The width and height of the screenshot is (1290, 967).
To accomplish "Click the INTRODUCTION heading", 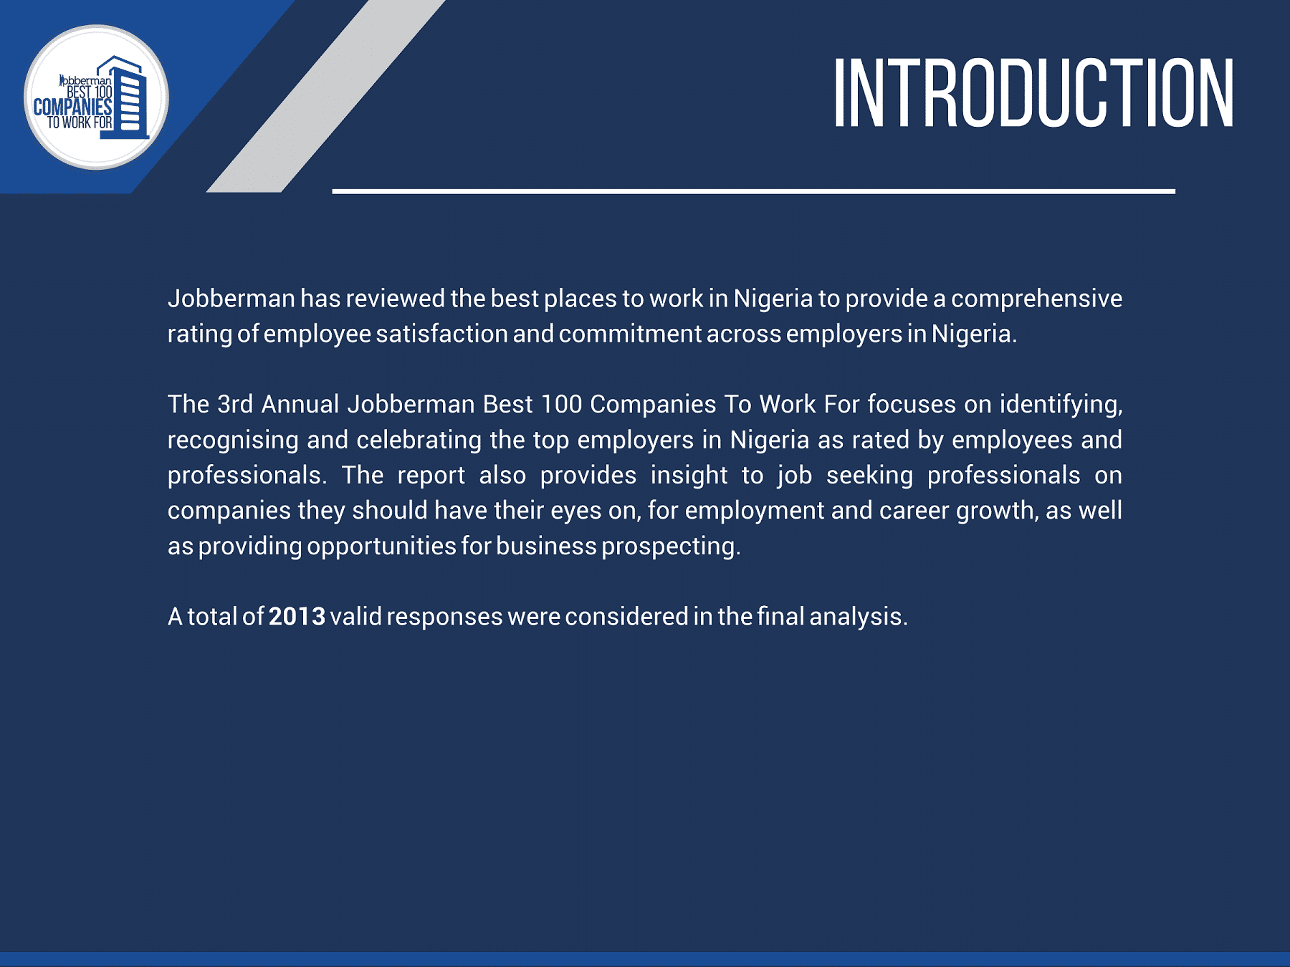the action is [x=1033, y=93].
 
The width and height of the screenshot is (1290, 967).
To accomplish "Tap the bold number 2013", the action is [x=297, y=616].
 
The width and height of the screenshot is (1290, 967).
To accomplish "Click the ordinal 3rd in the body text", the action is [x=235, y=404].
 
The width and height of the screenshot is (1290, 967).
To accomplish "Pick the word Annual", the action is [x=300, y=404].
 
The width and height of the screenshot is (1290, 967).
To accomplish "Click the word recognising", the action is [x=233, y=440].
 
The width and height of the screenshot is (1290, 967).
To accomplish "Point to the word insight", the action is [x=689, y=476].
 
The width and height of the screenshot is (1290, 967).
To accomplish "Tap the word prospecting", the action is [x=671, y=547].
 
